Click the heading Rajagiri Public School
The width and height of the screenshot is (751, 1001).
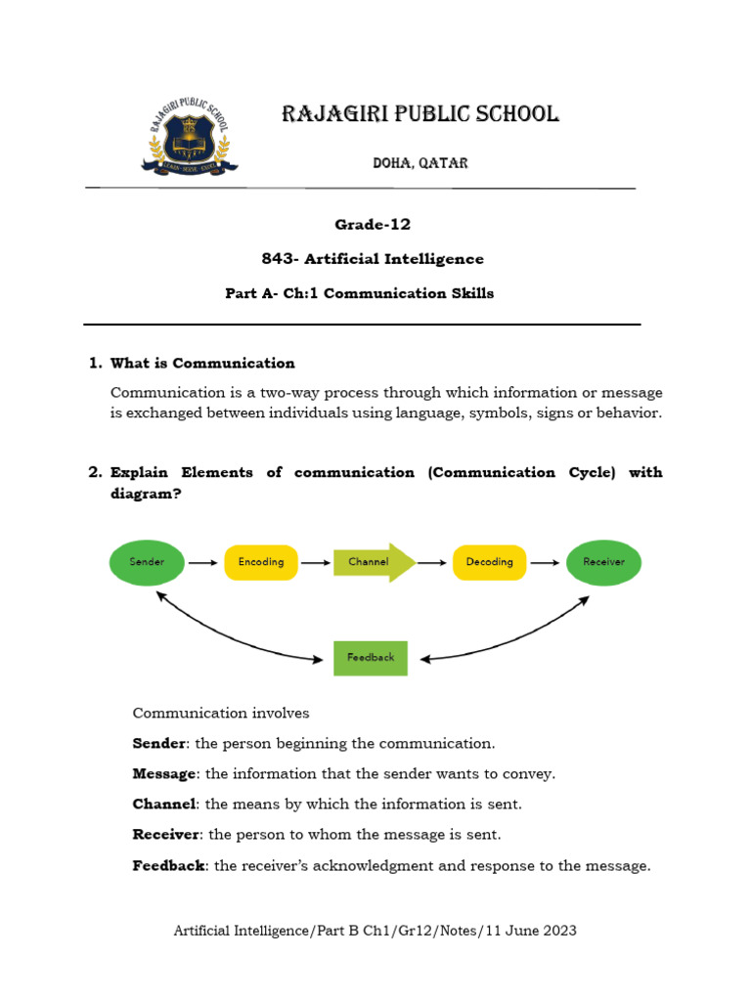pos(420,114)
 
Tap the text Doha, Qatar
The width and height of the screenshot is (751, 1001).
pos(420,163)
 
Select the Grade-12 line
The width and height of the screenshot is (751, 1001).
pos(373,225)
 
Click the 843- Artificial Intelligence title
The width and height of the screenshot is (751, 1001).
pos(373,259)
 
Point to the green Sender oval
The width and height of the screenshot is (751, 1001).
pos(147,562)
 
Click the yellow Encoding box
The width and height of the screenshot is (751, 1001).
pos(261,562)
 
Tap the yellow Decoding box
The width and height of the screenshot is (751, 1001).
pos(489,562)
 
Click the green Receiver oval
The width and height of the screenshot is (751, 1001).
pos(603,562)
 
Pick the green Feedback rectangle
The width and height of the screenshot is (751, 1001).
pos(371,658)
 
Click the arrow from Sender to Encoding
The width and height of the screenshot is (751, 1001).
pos(203,563)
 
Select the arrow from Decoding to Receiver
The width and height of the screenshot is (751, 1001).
pos(546,563)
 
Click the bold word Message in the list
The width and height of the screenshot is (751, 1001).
pos(164,774)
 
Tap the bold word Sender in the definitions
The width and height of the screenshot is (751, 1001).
pos(159,744)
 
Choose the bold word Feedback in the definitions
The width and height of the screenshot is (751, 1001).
pos(169,866)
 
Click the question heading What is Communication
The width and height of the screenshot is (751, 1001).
pos(202,364)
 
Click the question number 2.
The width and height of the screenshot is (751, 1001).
pos(94,472)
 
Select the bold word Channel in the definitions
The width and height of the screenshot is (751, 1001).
pos(164,805)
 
